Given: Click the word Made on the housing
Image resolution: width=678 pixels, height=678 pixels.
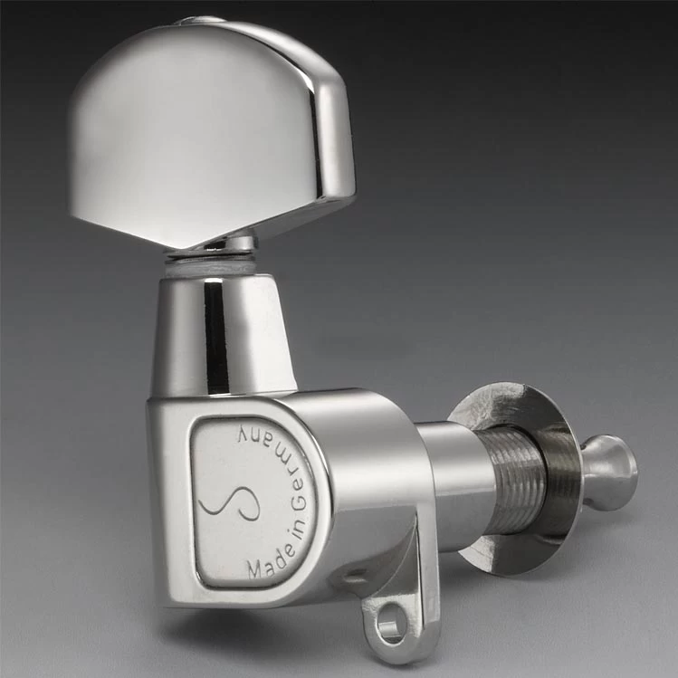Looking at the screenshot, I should point(267,561).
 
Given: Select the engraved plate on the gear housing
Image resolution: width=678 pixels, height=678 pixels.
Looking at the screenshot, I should point(249,502).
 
